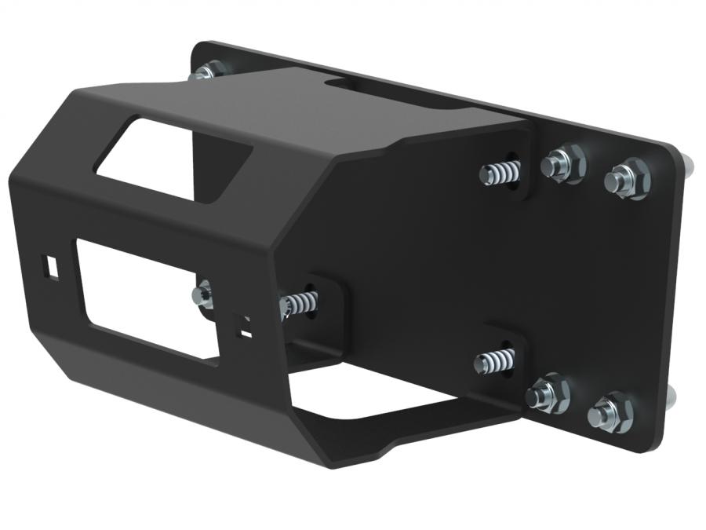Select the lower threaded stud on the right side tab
click(494, 361)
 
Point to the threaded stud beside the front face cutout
click(300, 302)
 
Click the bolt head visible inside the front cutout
click(202, 295)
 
